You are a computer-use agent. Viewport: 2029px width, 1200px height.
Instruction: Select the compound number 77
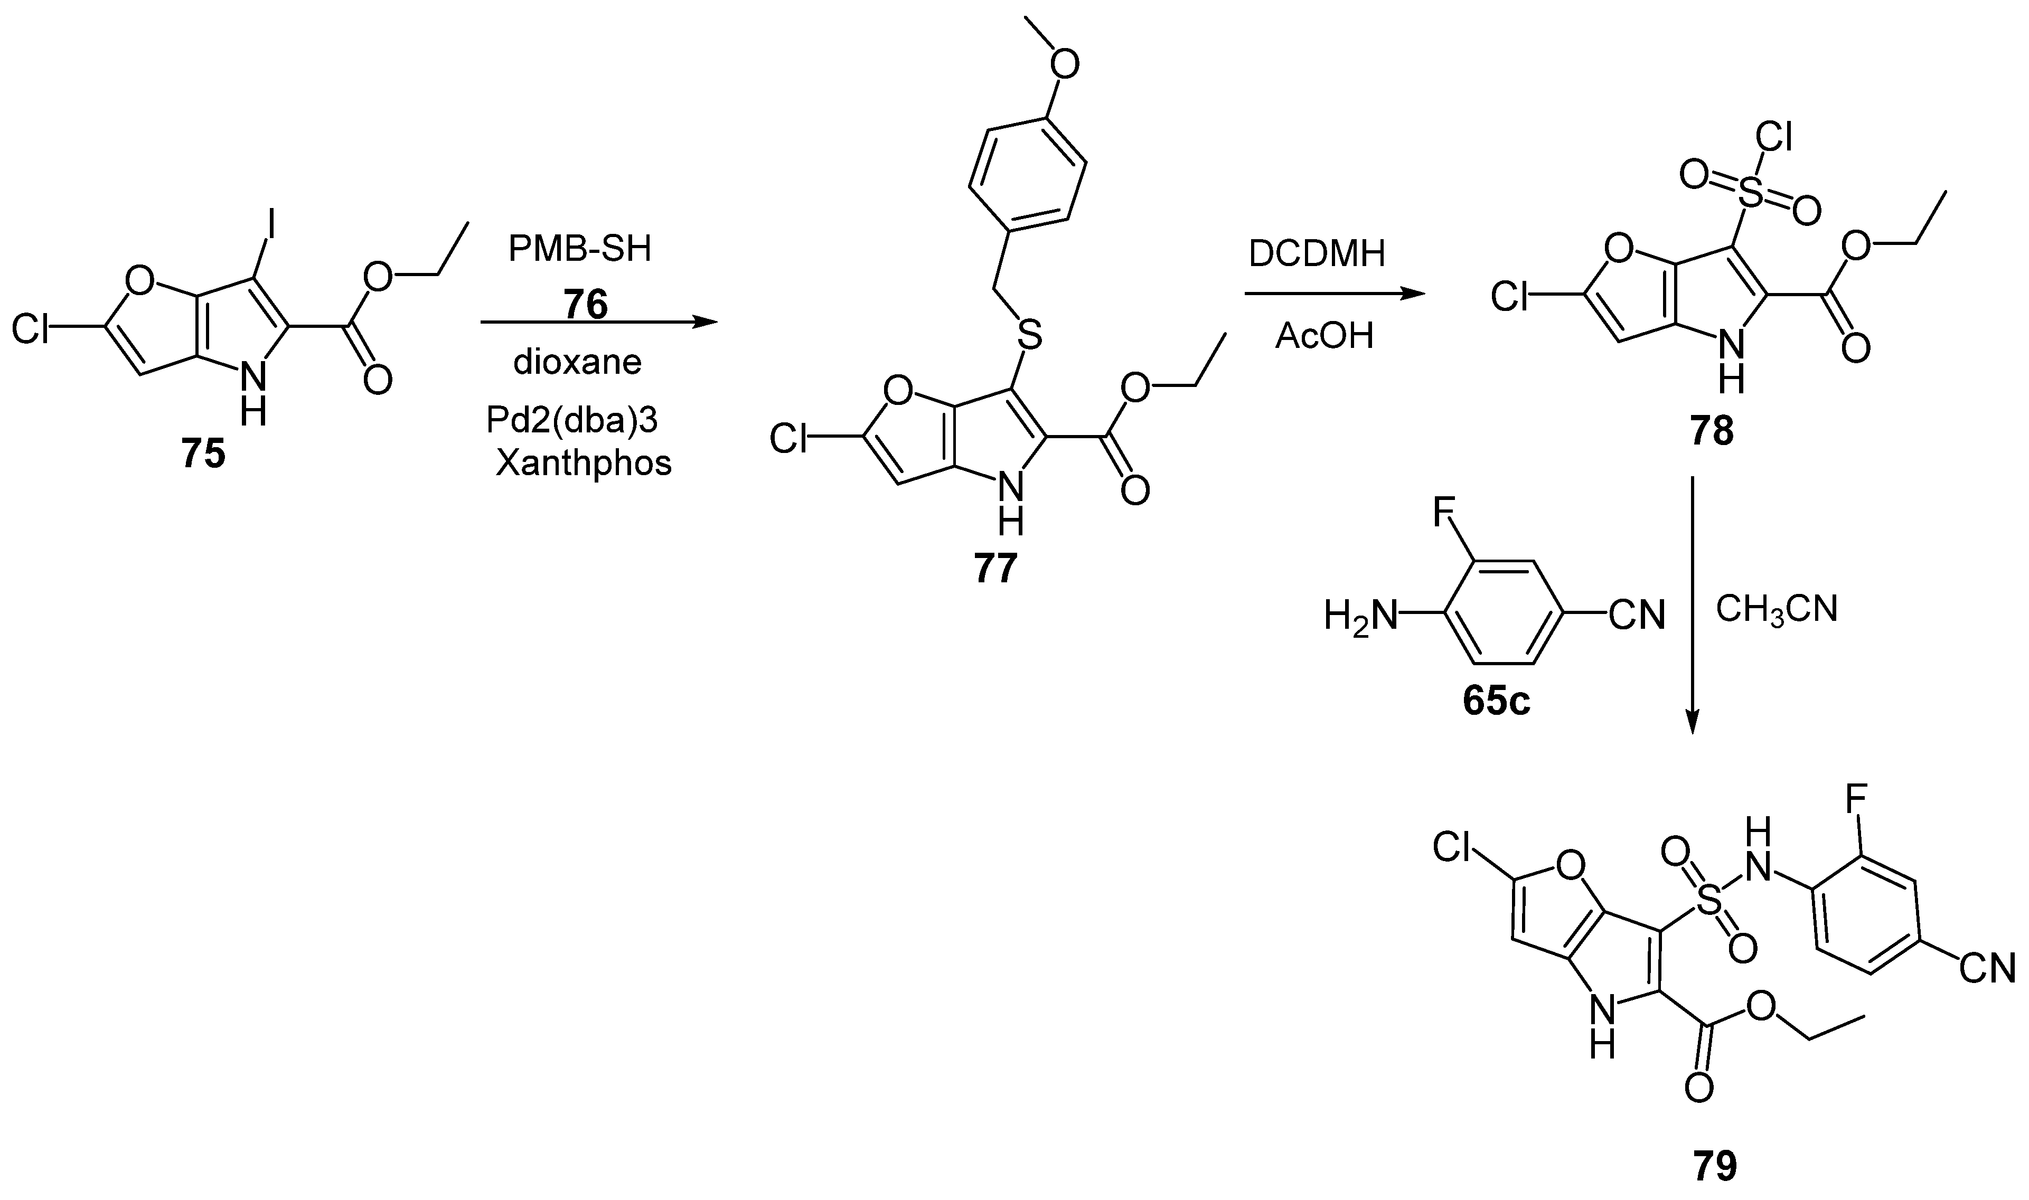pos(994,569)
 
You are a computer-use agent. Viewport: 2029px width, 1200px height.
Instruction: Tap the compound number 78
pos(1711,432)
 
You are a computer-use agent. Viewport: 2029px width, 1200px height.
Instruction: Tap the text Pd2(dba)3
pos(572,420)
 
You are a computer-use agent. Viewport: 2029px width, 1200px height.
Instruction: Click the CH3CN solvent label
pos(1777,609)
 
